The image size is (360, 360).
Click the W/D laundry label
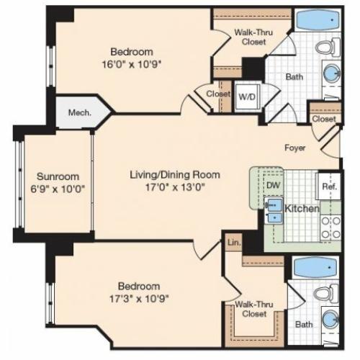247,96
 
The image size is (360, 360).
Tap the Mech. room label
80,112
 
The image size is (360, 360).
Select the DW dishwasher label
274,185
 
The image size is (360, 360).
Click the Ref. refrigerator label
330,186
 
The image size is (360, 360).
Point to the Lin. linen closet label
234,243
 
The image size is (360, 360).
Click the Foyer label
295,148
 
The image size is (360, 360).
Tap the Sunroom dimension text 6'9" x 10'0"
58,189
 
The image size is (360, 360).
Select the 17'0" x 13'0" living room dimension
175,187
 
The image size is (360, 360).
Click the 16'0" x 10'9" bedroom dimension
131,64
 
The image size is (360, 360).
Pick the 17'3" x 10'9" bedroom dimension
139,299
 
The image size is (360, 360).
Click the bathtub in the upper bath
318,20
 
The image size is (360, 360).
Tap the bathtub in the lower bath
315,267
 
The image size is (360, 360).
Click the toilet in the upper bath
327,47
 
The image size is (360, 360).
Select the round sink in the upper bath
332,73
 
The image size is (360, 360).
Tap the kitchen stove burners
331,228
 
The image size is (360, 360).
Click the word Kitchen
302,209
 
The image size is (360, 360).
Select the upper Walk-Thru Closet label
253,37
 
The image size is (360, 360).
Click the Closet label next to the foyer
324,119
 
